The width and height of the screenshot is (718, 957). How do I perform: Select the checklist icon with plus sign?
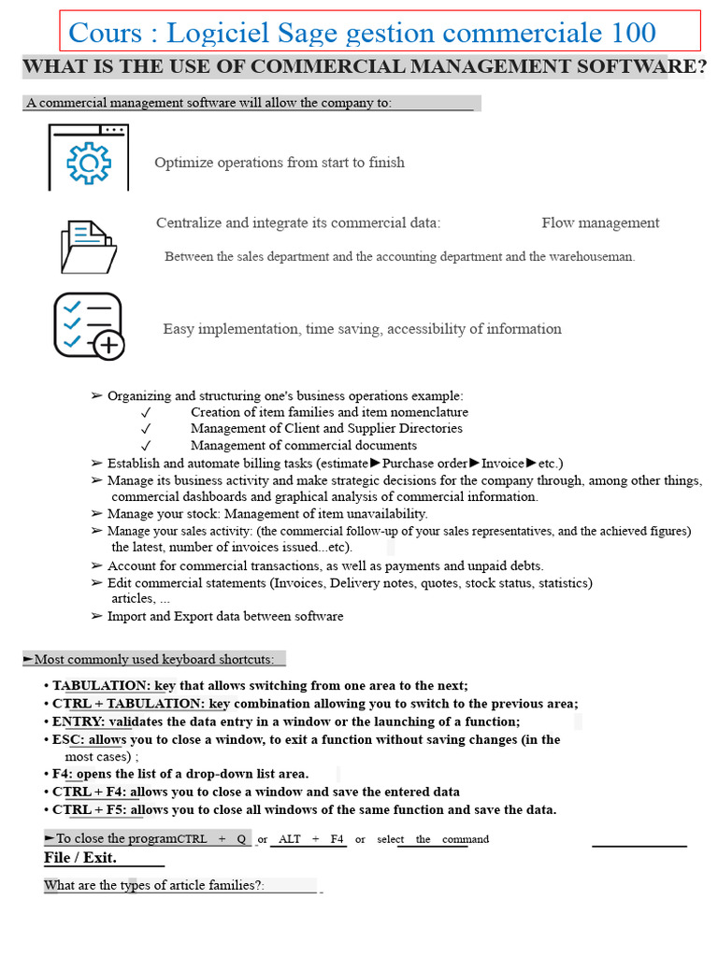click(89, 326)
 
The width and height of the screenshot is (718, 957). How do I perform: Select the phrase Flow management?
click(600, 223)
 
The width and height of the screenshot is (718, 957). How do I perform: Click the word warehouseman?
click(591, 256)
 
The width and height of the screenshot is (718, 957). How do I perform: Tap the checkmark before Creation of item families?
click(146, 413)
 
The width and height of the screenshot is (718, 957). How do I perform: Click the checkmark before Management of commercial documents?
click(146, 446)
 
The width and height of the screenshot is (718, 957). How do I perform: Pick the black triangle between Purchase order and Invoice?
click(474, 464)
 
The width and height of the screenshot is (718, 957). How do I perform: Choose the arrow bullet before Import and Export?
click(97, 617)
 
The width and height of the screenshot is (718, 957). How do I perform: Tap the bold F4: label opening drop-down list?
click(63, 774)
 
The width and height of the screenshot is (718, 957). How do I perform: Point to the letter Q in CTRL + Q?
click(241, 839)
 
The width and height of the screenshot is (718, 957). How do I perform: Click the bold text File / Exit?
click(80, 857)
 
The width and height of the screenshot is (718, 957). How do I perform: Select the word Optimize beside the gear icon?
click(182, 163)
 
